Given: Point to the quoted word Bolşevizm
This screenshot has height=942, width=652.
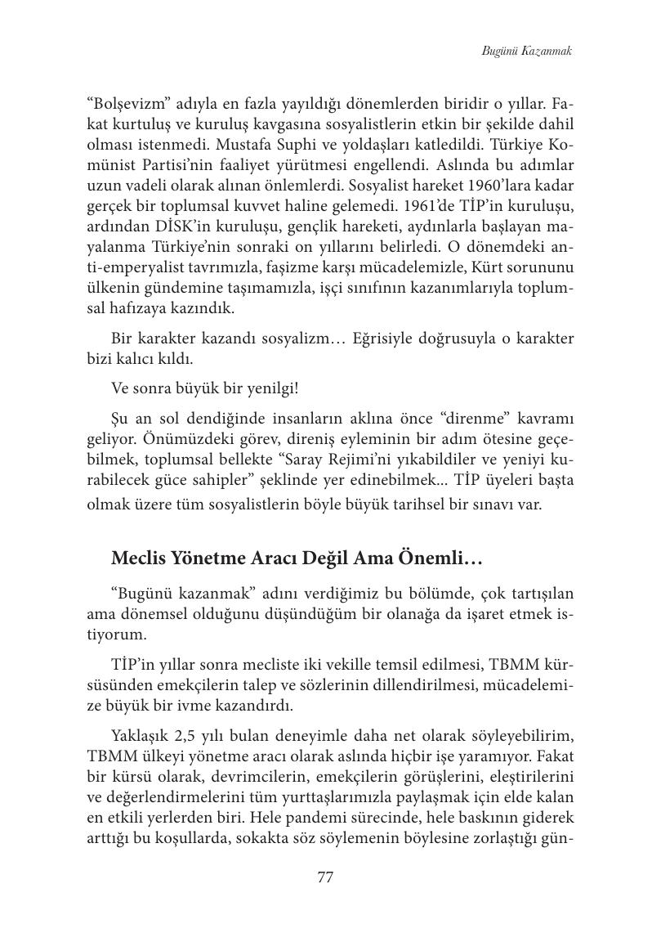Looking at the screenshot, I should click(x=124, y=106).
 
